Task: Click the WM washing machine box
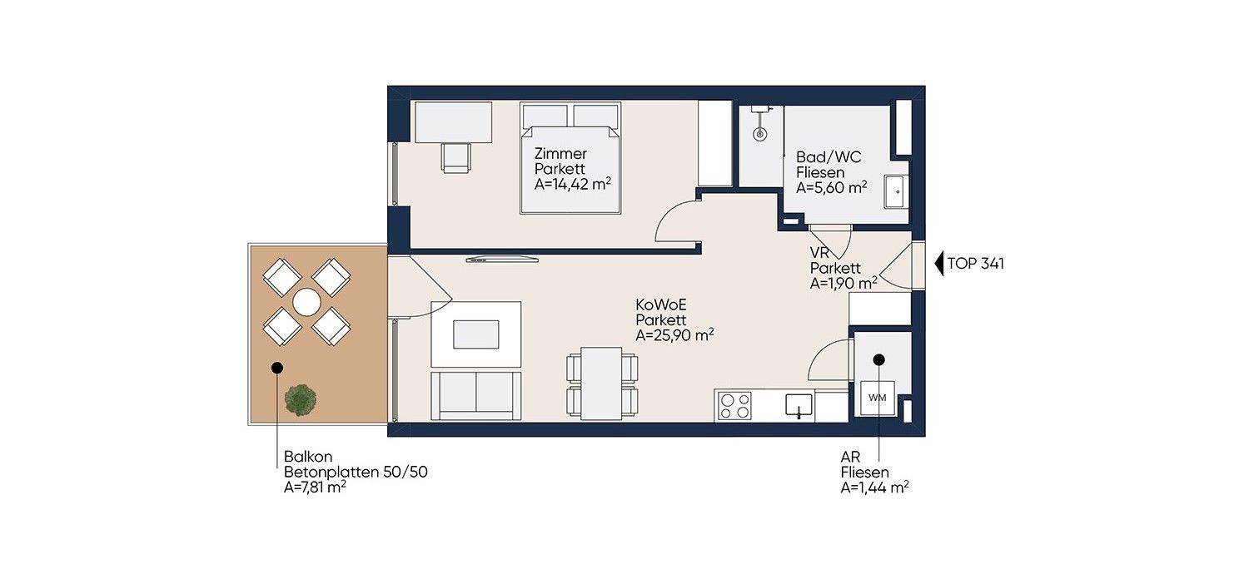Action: pyautogui.click(x=878, y=398)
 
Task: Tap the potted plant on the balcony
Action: pyautogui.click(x=301, y=399)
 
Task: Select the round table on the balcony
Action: pyautogui.click(x=306, y=302)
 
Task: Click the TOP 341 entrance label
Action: pyautogui.click(x=976, y=264)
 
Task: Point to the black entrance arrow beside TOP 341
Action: pyautogui.click(x=939, y=264)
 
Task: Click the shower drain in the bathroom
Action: pyautogui.click(x=759, y=134)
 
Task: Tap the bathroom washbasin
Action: pyautogui.click(x=897, y=191)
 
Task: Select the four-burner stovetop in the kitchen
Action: pyautogui.click(x=735, y=406)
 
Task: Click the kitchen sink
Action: pyautogui.click(x=799, y=406)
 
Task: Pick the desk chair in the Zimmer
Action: pyautogui.click(x=456, y=158)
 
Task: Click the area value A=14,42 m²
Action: pyautogui.click(x=573, y=184)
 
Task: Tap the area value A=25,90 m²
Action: pyautogui.click(x=674, y=335)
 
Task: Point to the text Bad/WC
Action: pyautogui.click(x=829, y=157)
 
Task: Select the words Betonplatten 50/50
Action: pyautogui.click(x=356, y=472)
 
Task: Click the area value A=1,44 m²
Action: pyautogui.click(x=875, y=487)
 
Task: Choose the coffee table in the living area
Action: pyautogui.click(x=476, y=334)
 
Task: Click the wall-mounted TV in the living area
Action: pyautogui.click(x=502, y=259)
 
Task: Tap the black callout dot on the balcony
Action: pyautogui.click(x=277, y=368)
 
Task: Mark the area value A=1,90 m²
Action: pyautogui.click(x=843, y=283)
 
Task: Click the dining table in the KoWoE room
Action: pyautogui.click(x=602, y=384)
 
